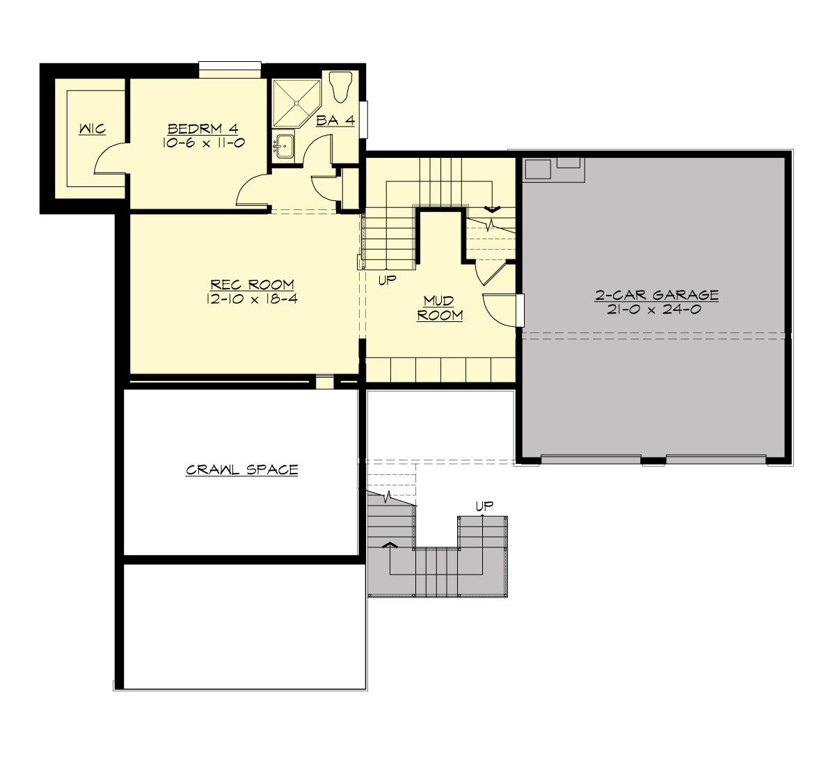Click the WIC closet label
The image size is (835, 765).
pyautogui.click(x=92, y=129)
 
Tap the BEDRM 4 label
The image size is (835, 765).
pyautogui.click(x=202, y=129)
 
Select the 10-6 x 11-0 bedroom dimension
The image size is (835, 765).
pyautogui.click(x=202, y=143)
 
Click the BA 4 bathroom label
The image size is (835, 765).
pyautogui.click(x=335, y=120)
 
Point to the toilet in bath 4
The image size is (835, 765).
pyautogui.click(x=341, y=86)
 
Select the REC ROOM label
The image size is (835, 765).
pyautogui.click(x=252, y=284)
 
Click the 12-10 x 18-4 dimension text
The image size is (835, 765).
pyautogui.click(x=252, y=299)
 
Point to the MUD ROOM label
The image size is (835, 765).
pyautogui.click(x=440, y=308)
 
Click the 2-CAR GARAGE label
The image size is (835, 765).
pyautogui.click(x=656, y=295)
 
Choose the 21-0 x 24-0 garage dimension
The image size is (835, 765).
pyautogui.click(x=654, y=309)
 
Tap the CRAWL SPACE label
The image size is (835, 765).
pyautogui.click(x=242, y=470)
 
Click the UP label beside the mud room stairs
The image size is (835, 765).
pyautogui.click(x=388, y=281)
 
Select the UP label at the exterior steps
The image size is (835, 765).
pyautogui.click(x=484, y=506)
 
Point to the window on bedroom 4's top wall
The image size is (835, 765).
pyautogui.click(x=230, y=70)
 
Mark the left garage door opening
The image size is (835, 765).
pyautogui.click(x=590, y=459)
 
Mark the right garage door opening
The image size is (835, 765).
pyautogui.click(x=716, y=459)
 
